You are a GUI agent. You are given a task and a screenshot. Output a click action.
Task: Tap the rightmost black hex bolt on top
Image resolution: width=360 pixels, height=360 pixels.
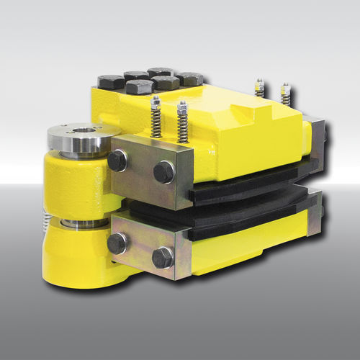(x=190, y=78)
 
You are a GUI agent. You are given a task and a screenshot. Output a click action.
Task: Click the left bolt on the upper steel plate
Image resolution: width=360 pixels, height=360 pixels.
(x=117, y=161)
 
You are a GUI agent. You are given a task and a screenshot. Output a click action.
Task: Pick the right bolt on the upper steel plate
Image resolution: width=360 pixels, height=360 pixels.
(x=163, y=172)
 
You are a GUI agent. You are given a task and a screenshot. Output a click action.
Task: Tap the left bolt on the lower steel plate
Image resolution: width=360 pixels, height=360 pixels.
(x=117, y=242)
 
